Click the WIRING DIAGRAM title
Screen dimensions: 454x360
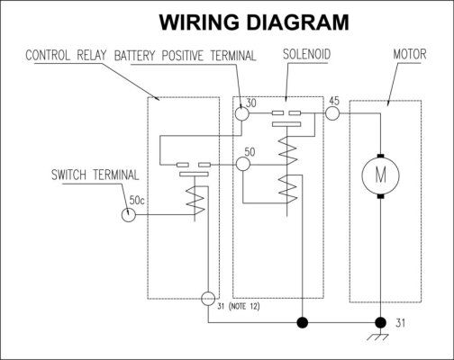pos(254,22)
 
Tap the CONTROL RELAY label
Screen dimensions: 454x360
pos(66,55)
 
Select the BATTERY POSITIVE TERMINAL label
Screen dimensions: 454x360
pos(186,56)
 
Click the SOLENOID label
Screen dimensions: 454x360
pos(306,54)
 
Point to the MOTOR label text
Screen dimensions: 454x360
pos(410,54)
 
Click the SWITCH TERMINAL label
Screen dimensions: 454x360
pos(95,175)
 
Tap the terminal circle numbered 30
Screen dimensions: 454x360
pos(241,113)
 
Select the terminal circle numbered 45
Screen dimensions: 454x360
pos(332,113)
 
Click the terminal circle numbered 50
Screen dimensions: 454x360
pos(243,165)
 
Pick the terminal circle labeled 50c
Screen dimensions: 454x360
pos(129,215)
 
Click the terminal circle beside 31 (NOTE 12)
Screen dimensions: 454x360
pos(208,299)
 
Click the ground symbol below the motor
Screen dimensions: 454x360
pos(377,337)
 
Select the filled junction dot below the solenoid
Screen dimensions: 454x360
pos(303,323)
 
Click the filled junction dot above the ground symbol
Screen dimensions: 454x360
pos(381,323)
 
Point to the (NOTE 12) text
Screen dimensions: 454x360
pos(244,307)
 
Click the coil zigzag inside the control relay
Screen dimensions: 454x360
pos(195,201)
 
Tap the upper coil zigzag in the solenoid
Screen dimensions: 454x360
pos(287,150)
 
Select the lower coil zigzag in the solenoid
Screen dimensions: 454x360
pos(287,190)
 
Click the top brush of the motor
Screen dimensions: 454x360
pos(380,156)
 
